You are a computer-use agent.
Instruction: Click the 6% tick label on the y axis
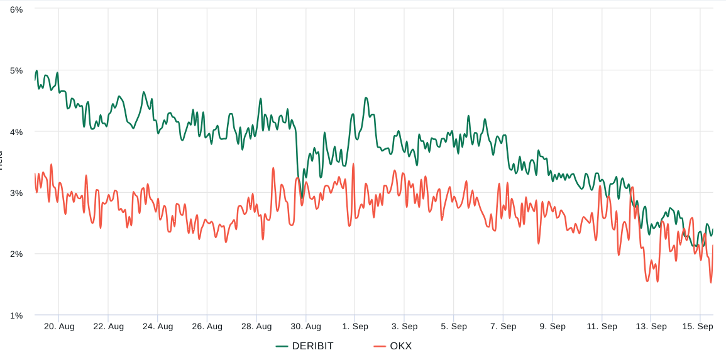[16, 10]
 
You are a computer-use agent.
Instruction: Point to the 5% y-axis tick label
[16, 70]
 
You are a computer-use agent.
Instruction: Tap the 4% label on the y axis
[16, 132]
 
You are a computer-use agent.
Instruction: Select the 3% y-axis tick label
[16, 193]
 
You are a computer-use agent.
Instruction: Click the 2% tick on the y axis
[16, 254]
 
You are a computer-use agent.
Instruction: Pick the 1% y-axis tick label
[16, 315]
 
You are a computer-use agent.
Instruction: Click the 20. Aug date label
[59, 326]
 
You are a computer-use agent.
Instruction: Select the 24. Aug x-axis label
[158, 326]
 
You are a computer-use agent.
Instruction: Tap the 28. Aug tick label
[256, 326]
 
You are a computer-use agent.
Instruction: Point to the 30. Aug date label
[305, 326]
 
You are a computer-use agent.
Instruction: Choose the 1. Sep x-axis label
[355, 326]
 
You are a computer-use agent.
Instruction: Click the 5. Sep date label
[454, 326]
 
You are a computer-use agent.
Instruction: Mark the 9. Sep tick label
[553, 326]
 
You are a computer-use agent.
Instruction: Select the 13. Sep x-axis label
[651, 326]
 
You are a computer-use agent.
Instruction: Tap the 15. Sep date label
[698, 326]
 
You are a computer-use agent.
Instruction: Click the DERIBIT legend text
[312, 346]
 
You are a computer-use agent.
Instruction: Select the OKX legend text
[400, 346]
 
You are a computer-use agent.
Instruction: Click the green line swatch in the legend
[282, 346]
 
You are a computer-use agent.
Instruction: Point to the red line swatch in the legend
[380, 346]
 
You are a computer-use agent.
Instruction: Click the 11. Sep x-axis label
[602, 326]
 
